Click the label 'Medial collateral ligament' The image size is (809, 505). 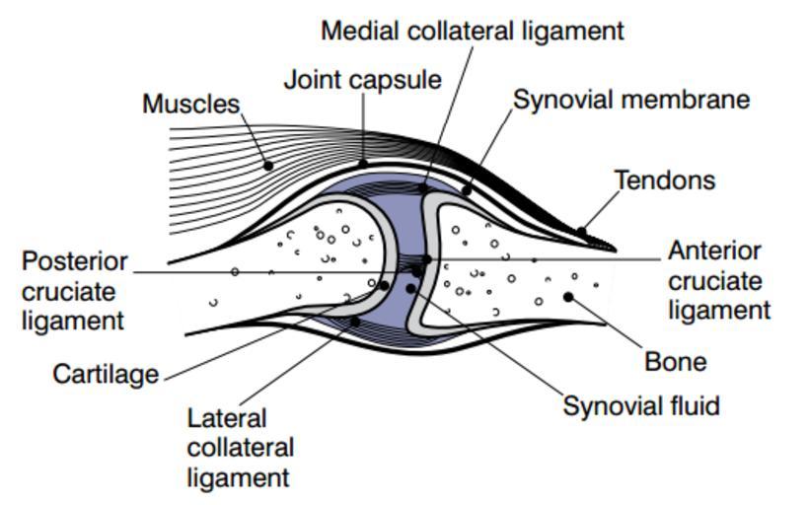pos(473,31)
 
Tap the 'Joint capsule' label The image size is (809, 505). pos(362,80)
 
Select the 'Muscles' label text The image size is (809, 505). pos(191,104)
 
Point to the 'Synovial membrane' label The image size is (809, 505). pos(631,100)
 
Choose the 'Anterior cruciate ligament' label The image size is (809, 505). pos(717,281)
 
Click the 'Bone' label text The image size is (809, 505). pos(675,362)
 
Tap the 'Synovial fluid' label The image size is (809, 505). pos(641,405)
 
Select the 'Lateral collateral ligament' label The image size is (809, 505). pos(240,448)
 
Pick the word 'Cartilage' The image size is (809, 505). pos(106,374)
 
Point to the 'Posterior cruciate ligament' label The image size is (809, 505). pos(75,291)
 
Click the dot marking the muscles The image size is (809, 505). pos(268,166)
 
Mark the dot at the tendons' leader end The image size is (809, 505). pos(582,233)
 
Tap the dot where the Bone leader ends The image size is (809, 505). pos(568,296)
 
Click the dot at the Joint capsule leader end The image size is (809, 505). pos(363,164)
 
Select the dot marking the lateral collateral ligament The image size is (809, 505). pos(354,323)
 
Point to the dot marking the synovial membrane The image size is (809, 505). pos(468,188)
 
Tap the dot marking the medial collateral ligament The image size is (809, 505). pos(423,186)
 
